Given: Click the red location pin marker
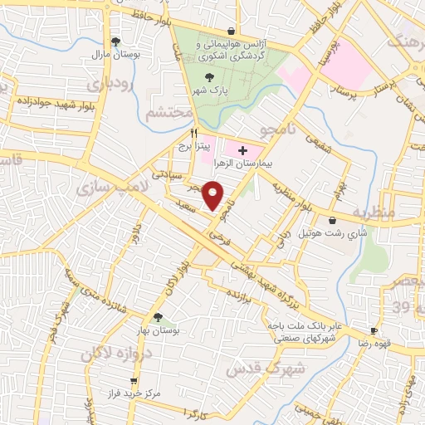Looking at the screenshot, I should coord(214,195).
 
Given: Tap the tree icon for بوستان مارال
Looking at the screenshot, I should coord(115,41).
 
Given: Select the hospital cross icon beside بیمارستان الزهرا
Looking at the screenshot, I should coord(242,150).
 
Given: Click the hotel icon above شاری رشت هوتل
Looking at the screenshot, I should coord(333,221).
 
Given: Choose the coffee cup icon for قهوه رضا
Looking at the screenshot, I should coord(374,330).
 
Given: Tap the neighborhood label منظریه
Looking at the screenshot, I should coord(374,212).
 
